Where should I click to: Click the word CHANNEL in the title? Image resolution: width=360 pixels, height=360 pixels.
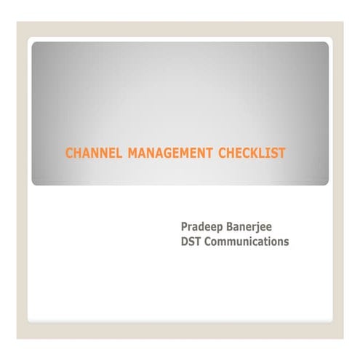click(94, 153)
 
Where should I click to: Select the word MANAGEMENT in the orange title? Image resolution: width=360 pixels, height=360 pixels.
click(171, 153)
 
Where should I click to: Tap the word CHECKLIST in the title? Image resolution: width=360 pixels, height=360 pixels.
click(252, 153)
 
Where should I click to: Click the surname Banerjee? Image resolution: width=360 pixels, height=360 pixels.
click(255, 227)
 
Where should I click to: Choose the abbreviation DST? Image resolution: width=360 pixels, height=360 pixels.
click(191, 241)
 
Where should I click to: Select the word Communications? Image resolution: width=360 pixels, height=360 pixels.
click(247, 241)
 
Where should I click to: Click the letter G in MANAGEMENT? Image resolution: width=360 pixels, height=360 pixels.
click(172, 153)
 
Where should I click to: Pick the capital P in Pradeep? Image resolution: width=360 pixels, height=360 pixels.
click(184, 227)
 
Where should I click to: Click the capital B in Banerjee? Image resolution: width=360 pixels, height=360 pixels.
click(232, 227)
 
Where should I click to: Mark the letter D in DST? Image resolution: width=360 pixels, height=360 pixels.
click(184, 241)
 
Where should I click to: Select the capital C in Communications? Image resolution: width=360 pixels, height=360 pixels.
click(209, 241)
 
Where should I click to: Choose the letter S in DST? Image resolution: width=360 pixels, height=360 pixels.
click(191, 241)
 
